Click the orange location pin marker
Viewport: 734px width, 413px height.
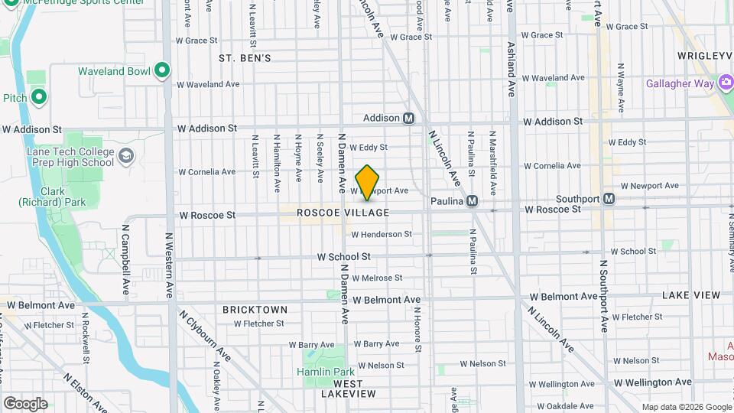[368, 182]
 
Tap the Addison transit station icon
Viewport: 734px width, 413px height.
[409, 119]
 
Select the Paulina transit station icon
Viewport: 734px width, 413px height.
[472, 200]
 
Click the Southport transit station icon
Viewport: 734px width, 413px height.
[609, 199]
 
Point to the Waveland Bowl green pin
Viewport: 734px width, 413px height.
[161, 71]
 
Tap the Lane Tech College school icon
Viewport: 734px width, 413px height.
[126, 157]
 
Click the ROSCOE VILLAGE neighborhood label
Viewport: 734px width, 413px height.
[343, 213]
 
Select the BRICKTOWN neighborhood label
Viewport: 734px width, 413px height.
[255, 310]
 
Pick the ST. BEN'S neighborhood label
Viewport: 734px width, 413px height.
[245, 58]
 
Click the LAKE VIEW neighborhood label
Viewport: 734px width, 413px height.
[691, 295]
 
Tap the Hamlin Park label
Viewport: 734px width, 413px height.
[326, 372]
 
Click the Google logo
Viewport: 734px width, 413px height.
[25, 403]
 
